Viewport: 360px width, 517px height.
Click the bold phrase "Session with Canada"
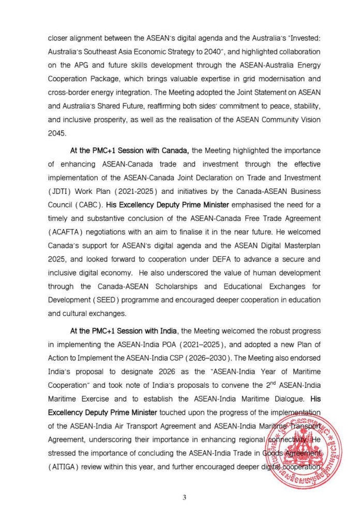152,150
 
